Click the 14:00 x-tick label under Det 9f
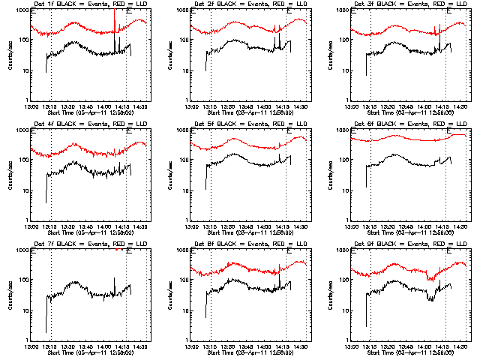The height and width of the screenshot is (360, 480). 424,346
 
